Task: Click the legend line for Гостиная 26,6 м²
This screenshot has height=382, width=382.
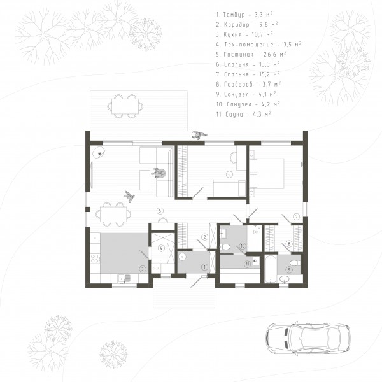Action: pos(251,55)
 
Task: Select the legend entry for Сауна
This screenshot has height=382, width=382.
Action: pos(244,114)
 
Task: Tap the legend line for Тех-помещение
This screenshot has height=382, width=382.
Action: pos(258,45)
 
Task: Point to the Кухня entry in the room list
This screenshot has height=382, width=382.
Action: pos(244,34)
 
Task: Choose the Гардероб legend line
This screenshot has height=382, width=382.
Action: pos(248,84)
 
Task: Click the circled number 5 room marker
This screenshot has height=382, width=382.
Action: pos(160,211)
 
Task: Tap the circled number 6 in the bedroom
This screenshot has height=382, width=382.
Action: pos(229,174)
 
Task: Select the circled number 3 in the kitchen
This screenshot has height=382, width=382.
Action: pos(143,269)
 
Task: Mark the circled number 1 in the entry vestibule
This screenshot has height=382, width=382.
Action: pos(204,267)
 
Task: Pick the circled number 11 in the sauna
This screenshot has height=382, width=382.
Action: pos(247,264)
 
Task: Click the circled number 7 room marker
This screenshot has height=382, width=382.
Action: pos(296,216)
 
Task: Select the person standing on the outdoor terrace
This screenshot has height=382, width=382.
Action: pos(199,135)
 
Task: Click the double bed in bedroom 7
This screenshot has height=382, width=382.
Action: pos(267,173)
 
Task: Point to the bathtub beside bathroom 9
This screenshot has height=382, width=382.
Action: pos(271,269)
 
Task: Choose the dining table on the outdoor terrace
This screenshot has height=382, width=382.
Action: pos(125,106)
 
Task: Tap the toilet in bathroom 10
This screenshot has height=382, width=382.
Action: pos(225,247)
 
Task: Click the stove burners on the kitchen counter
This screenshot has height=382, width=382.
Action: pos(95,258)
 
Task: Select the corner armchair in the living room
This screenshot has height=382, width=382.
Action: pos(99,152)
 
